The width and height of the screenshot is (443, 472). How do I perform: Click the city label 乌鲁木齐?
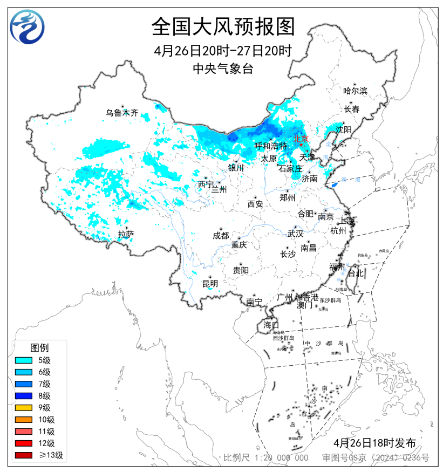click(x=122, y=113)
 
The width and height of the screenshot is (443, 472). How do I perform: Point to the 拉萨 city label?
click(x=126, y=234)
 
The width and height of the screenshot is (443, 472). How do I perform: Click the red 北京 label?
click(x=300, y=139)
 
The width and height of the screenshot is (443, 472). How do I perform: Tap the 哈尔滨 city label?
click(x=355, y=91)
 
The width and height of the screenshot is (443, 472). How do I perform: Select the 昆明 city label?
click(x=210, y=284)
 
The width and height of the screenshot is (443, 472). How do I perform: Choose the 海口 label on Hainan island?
click(x=271, y=325)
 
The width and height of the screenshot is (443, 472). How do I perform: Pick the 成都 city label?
click(x=221, y=236)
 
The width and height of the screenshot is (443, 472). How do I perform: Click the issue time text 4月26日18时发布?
click(x=374, y=443)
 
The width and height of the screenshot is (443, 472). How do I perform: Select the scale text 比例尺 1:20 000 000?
click(x=266, y=458)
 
